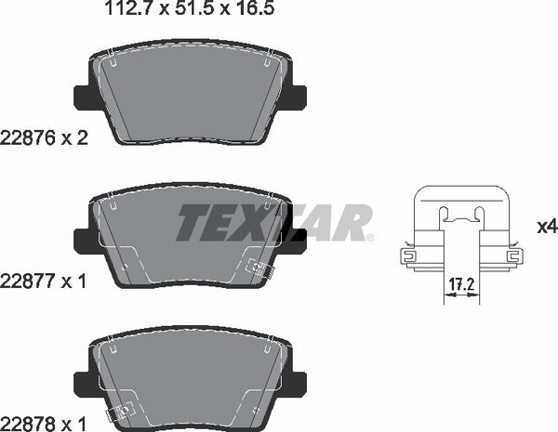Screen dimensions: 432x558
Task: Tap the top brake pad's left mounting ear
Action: [81, 96]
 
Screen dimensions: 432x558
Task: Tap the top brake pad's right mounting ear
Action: [297, 96]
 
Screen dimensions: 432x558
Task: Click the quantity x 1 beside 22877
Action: [73, 279]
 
